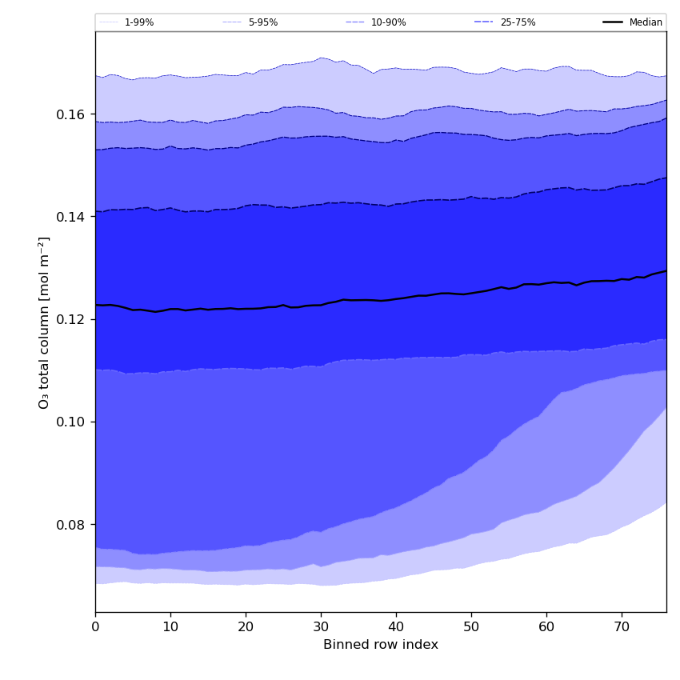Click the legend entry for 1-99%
(138, 22)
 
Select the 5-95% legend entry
(262, 22)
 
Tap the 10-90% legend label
(388, 22)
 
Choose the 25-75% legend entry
(518, 22)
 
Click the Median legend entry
(645, 22)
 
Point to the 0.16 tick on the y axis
(72, 114)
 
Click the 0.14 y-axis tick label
(72, 217)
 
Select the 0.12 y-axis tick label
(72, 319)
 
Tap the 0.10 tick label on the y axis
(72, 422)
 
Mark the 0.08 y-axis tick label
(72, 525)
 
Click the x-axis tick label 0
(95, 627)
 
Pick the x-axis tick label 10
(170, 627)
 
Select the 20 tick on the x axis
(246, 627)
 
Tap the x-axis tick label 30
(321, 627)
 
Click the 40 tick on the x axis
(396, 627)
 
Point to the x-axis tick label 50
(471, 627)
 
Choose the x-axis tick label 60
(546, 627)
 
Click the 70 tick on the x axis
(622, 627)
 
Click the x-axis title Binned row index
(381, 645)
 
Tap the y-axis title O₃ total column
(45, 322)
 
